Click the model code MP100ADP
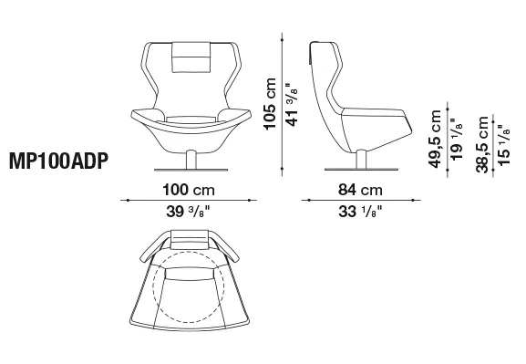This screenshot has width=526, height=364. [x=59, y=161]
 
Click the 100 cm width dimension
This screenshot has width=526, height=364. [x=189, y=190]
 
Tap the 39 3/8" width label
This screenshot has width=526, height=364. [x=188, y=212]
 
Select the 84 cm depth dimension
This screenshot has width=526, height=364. [x=360, y=190]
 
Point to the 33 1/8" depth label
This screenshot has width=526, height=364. [x=360, y=212]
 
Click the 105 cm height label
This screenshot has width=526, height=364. [x=270, y=104]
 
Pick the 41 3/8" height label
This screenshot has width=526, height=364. [x=292, y=105]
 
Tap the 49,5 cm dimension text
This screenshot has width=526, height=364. [x=435, y=139]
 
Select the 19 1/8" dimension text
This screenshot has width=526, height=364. [x=456, y=139]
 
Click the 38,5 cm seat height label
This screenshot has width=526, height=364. [x=482, y=144]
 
